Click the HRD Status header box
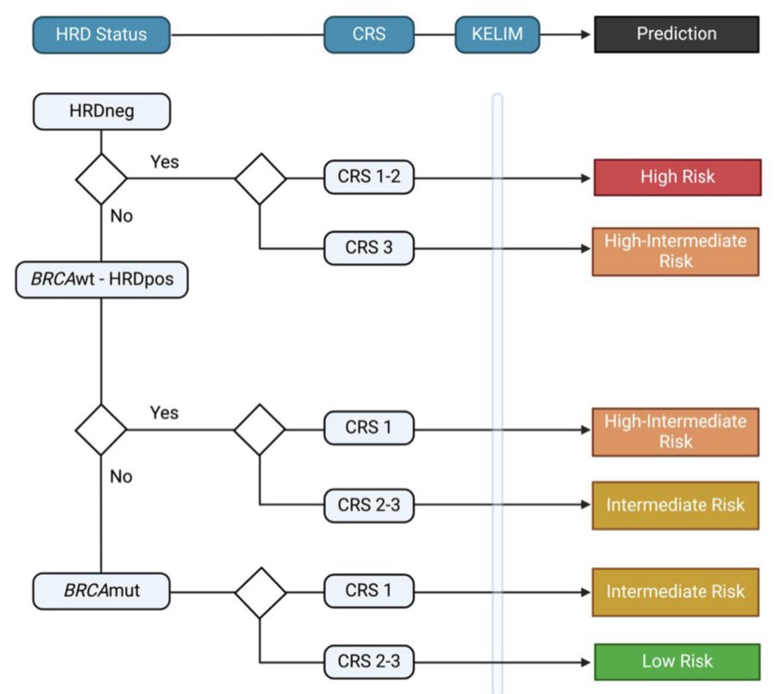click(x=101, y=35)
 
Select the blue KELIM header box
click(x=498, y=35)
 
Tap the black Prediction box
click(x=677, y=34)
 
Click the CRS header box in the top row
click(x=368, y=35)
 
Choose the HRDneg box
click(x=101, y=111)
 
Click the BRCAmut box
click(x=101, y=591)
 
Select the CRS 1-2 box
click(x=368, y=178)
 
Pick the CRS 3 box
click(x=368, y=248)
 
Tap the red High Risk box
click(x=677, y=178)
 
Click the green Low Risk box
click(x=677, y=661)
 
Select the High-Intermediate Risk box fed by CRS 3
click(x=677, y=251)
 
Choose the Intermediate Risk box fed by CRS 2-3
click(x=677, y=505)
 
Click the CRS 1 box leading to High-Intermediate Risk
click(x=368, y=427)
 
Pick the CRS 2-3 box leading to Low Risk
click(x=368, y=661)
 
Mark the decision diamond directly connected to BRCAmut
click(x=260, y=591)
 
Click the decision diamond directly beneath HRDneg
click(x=101, y=179)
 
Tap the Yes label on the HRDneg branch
click(x=164, y=161)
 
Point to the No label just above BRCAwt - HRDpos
click(x=121, y=216)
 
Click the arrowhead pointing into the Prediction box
click(x=586, y=35)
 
